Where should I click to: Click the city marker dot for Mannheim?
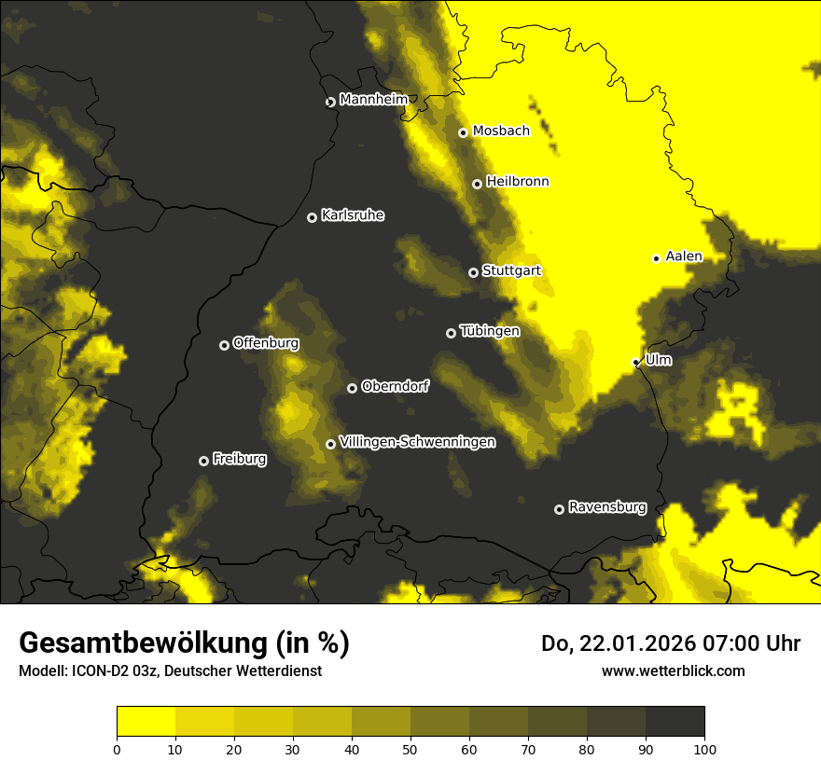click(x=330, y=103)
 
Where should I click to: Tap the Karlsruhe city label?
click(x=353, y=215)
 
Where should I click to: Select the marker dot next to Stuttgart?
click(x=473, y=272)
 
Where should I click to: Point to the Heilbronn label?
click(x=518, y=181)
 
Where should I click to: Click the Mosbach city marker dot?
click(x=463, y=132)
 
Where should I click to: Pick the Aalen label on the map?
click(x=684, y=256)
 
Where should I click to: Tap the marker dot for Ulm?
click(x=635, y=362)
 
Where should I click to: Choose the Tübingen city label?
click(x=490, y=331)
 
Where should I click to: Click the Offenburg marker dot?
click(x=224, y=345)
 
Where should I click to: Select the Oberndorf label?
click(x=395, y=386)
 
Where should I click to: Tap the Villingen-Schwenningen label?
click(x=417, y=442)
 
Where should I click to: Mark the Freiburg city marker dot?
click(x=203, y=461)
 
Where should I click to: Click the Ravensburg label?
click(x=607, y=507)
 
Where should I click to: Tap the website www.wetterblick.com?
click(x=673, y=670)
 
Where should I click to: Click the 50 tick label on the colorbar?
click(x=410, y=748)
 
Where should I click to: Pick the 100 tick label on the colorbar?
click(x=704, y=748)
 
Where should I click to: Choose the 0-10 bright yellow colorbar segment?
click(x=146, y=722)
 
